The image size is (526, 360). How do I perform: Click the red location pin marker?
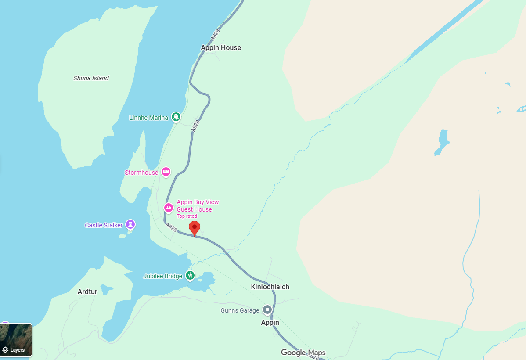(195, 228)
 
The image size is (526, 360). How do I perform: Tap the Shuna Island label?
(91, 78)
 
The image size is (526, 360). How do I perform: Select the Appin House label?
(221, 47)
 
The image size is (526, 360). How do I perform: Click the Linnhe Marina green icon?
(176, 117)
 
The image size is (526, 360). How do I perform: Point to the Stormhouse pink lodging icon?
(166, 172)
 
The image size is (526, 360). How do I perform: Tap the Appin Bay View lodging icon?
(169, 207)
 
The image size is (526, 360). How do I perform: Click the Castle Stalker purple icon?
(130, 224)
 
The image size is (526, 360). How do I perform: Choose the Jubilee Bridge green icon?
(190, 276)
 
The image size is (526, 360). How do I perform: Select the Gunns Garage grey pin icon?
(267, 310)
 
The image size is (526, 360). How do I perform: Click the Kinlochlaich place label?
(270, 287)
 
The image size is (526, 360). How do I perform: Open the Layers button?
(16, 340)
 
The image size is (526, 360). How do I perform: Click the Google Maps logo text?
(303, 353)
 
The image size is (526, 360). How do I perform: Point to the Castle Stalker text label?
(104, 225)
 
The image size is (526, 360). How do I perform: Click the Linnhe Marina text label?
(148, 118)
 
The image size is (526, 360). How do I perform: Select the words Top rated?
(187, 216)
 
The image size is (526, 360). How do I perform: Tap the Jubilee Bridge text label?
(162, 276)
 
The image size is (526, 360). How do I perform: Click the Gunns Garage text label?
(240, 310)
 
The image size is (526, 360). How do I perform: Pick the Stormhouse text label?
(141, 173)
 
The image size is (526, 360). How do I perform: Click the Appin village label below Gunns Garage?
(270, 322)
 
